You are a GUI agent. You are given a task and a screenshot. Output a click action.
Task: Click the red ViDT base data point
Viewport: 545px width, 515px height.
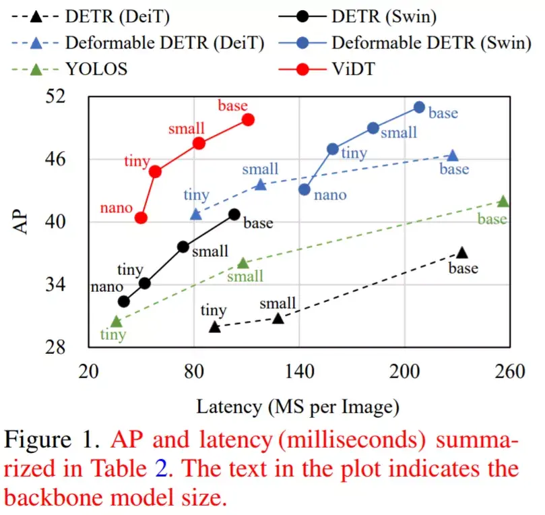tap(248, 119)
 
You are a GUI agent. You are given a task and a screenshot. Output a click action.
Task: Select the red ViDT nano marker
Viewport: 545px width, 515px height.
tap(141, 218)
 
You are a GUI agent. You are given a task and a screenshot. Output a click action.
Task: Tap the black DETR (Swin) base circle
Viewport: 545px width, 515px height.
tap(234, 214)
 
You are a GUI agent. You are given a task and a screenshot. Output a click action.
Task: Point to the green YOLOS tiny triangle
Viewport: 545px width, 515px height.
tap(116, 322)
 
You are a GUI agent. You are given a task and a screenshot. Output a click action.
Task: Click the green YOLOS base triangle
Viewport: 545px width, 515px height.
tap(503, 201)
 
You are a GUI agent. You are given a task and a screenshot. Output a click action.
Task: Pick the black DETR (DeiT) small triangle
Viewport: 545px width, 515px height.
tap(278, 317)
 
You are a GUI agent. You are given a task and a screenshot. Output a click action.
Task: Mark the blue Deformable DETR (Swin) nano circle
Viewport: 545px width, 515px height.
tap(304, 189)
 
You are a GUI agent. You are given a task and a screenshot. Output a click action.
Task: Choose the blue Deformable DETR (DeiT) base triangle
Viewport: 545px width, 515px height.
tap(453, 156)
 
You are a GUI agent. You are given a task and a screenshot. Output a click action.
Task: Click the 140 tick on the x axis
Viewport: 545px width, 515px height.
tap(299, 373)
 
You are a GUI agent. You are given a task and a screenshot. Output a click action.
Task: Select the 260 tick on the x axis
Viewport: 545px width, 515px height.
tap(510, 373)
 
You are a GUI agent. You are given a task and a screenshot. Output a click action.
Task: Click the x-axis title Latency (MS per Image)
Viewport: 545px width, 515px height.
tap(297, 406)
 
